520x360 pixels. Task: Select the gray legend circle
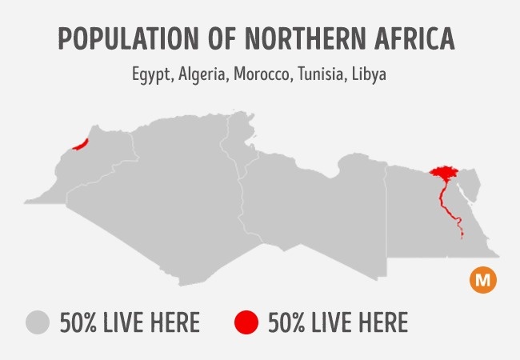tap(38, 322)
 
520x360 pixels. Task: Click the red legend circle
tap(246, 322)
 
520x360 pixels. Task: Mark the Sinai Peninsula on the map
tap(471, 184)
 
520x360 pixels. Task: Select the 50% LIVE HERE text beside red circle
tap(338, 323)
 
